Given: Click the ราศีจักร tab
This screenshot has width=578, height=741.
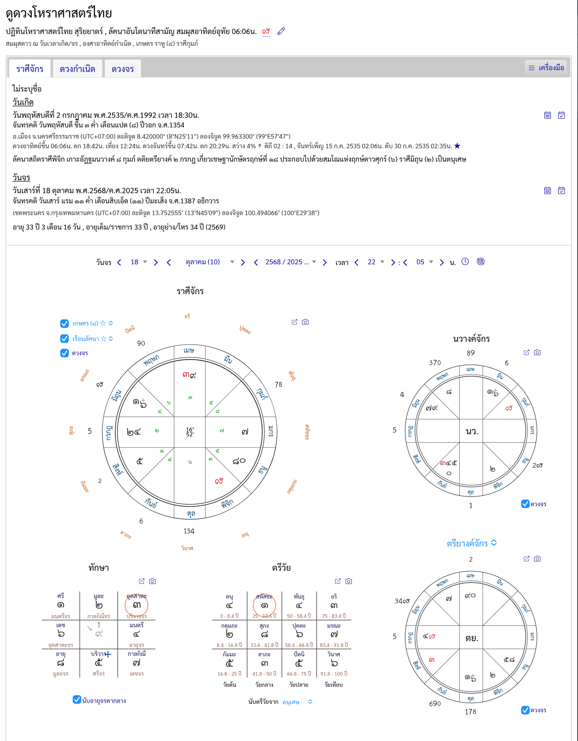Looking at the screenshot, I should (x=30, y=69).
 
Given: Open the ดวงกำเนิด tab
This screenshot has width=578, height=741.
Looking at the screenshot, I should (x=78, y=69).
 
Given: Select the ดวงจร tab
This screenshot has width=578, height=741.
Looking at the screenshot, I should (x=123, y=69).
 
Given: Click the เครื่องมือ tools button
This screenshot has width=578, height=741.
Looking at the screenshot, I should (x=546, y=68).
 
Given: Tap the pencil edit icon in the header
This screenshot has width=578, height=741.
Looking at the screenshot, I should (x=281, y=31).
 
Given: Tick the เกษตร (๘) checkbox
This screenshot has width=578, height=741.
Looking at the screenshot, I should (x=65, y=323).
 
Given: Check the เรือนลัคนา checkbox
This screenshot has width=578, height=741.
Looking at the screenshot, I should (x=65, y=339).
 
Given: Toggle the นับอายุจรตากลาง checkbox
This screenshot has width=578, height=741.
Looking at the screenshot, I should (x=77, y=700).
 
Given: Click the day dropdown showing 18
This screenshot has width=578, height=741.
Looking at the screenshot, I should (x=138, y=262).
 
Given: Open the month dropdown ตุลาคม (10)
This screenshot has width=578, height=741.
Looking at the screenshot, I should (x=209, y=262).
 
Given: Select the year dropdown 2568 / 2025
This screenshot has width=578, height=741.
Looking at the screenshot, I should (x=290, y=262).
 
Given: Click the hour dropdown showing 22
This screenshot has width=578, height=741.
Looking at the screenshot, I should (x=376, y=262).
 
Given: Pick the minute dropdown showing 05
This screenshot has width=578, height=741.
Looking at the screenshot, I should (x=424, y=262).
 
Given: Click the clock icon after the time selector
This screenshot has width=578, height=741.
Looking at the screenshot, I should (x=465, y=262).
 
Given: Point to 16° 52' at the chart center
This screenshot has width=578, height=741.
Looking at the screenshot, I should (x=190, y=432).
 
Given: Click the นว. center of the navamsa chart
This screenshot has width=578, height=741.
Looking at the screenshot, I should (x=471, y=431).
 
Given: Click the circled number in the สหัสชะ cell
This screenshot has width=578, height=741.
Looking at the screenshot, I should (x=264, y=606).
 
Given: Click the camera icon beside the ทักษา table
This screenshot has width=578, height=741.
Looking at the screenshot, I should (x=152, y=581).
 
